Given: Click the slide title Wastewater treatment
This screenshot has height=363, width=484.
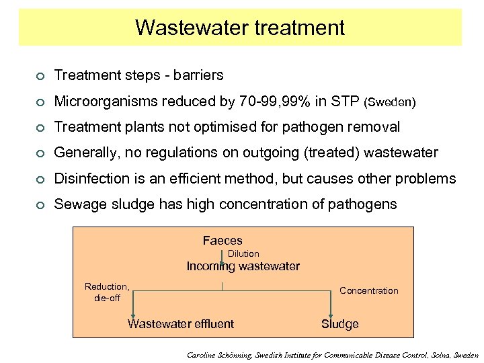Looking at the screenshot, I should point(240,28).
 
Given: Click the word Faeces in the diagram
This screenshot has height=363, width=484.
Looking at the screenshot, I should point(223,240).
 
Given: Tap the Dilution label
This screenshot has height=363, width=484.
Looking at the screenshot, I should point(243,253).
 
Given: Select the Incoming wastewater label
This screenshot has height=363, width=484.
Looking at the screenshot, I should point(243,266).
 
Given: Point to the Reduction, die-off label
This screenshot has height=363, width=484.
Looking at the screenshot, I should point(107,292).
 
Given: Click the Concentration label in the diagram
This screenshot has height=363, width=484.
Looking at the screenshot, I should point(368,290).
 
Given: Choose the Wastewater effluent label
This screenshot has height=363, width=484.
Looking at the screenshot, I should point(181,324).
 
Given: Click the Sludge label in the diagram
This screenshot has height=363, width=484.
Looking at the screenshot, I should point(339,324).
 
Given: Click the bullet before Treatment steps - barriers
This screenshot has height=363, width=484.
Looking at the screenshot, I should point(41,75).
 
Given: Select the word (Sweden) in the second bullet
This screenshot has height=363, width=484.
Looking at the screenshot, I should point(389,103).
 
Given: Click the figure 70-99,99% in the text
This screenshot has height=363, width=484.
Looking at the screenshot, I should point(274,102).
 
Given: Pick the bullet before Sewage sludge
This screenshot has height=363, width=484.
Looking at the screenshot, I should point(41,204).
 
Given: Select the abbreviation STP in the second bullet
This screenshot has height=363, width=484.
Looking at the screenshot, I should point(344,102).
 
